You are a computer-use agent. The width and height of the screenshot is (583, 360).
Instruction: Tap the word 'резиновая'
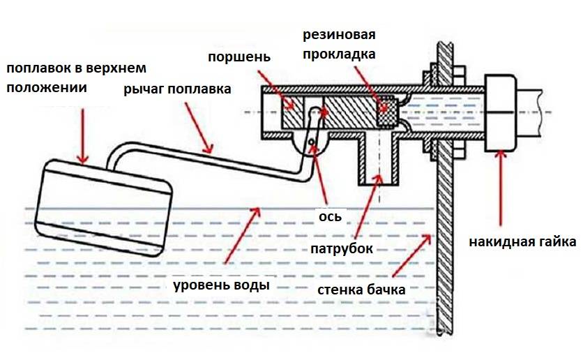337,36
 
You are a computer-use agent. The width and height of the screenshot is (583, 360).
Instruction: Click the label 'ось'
330,216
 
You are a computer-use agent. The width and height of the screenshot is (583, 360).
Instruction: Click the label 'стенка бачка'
361,290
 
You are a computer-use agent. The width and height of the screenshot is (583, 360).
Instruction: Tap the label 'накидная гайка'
522,243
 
